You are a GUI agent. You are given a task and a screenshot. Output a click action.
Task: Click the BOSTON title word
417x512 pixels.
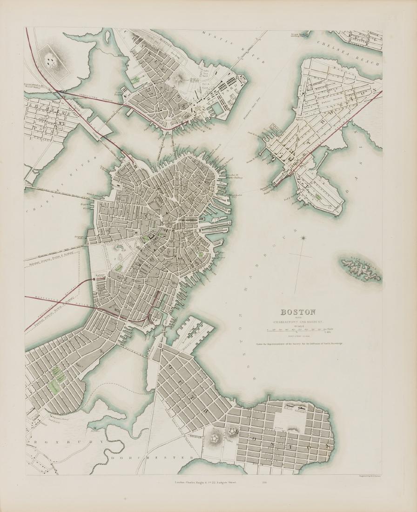coord(297,312)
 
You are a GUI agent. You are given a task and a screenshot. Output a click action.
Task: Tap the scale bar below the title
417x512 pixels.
coord(298,330)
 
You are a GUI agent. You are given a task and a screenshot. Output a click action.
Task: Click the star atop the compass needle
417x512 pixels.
coord(303,238)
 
